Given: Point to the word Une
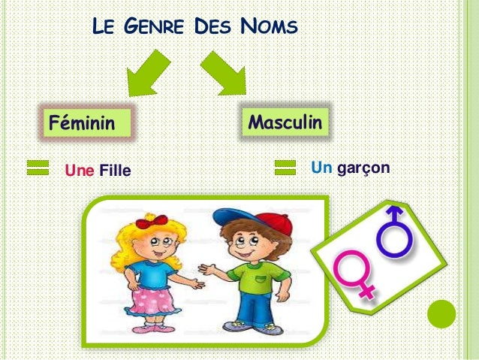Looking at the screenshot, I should click(80, 171).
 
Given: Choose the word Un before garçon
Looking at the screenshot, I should click(321, 167).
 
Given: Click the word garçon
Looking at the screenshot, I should click(363, 167).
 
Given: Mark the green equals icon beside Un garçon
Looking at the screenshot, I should click(286, 168).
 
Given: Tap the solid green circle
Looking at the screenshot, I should click(442, 315).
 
